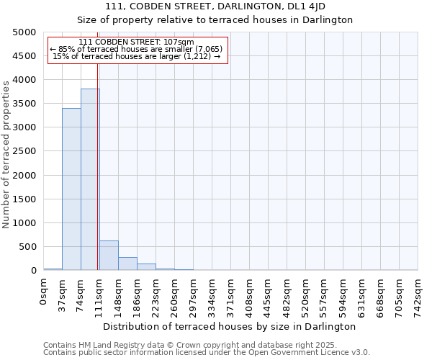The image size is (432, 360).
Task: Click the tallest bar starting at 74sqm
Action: pyautogui.click(x=90, y=179)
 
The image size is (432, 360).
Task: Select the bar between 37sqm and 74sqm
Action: pyautogui.click(x=71, y=189)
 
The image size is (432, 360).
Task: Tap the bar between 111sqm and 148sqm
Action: pyautogui.click(x=109, y=256)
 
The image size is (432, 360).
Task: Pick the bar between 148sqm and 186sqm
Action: pyautogui.click(x=127, y=264)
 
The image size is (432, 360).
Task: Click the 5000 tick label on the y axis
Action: pyautogui.click(x=24, y=32)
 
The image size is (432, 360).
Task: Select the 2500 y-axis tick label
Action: pyautogui.click(x=24, y=151)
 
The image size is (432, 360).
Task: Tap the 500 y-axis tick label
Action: pyautogui.click(x=27, y=247)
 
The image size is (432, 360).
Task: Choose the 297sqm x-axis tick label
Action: pyautogui.click(x=194, y=295)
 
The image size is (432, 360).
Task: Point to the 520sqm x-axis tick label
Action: pyautogui.click(x=306, y=295)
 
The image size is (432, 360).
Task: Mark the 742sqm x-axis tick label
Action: pyautogui.click(x=418, y=295)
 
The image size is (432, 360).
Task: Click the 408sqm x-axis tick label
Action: pyautogui.click(x=250, y=295)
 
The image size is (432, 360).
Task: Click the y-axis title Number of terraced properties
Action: pyautogui.click(x=6, y=154)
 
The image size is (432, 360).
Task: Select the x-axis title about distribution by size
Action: pyautogui.click(x=235, y=326)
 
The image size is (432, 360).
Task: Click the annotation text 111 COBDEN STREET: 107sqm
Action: pyautogui.click(x=136, y=42)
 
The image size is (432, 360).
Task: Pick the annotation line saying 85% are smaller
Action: pyautogui.click(x=136, y=49)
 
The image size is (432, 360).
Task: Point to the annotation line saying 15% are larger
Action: pyautogui.click(x=136, y=56)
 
